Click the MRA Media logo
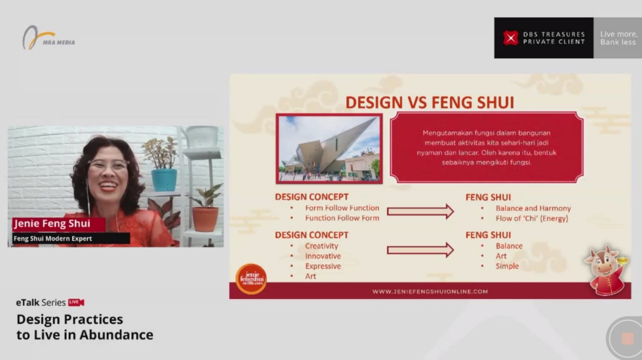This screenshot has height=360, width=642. click(48, 38)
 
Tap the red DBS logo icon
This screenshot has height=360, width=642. click(511, 38)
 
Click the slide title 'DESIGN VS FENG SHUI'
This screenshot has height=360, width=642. click(430, 102)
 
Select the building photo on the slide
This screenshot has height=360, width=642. click(329, 148)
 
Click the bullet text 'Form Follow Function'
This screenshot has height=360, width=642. click(342, 208)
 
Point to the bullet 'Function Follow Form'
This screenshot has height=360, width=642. click(342, 218)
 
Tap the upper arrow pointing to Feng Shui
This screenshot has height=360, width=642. click(420, 212)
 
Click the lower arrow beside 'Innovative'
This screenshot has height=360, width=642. click(420, 250)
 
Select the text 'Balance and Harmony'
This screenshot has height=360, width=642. click(533, 209)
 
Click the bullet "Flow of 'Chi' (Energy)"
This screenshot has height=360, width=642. click(532, 219)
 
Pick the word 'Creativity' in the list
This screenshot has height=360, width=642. click(322, 246)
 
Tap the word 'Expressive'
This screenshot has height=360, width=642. click(323, 266)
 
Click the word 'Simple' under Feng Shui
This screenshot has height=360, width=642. click(507, 266)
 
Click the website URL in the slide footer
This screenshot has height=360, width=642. click(430, 291)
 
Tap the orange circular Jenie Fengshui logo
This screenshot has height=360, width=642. click(251, 279)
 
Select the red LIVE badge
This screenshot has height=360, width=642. click(76, 302)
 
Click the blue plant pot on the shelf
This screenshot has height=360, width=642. click(164, 179)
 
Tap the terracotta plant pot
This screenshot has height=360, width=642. click(205, 219)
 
